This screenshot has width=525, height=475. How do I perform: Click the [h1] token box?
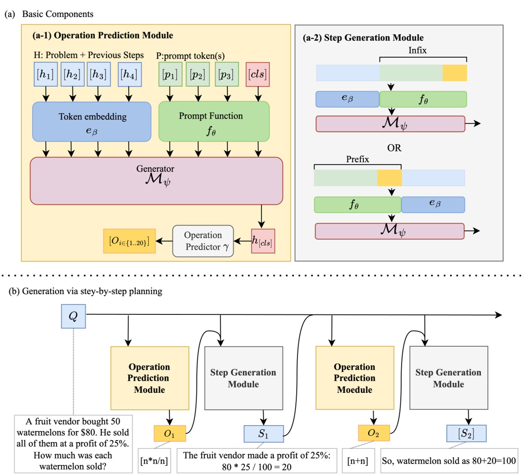[x=46, y=75]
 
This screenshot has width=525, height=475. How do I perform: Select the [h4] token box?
[x=129, y=75]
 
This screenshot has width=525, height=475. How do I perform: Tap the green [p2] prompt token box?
[x=197, y=75]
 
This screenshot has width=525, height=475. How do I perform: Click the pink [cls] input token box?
[x=258, y=75]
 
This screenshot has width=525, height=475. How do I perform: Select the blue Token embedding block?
[x=92, y=122]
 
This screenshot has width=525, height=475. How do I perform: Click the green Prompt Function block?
[x=214, y=122]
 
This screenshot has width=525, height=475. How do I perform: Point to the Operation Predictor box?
[x=203, y=241]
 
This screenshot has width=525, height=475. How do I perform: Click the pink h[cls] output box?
[x=262, y=241]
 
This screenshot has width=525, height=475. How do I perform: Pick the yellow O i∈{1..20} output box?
[x=129, y=241]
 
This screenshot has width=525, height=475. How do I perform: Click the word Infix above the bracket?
[x=417, y=50]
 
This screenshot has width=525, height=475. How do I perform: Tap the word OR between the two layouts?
[x=394, y=148]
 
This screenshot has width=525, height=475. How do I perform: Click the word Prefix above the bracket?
[x=357, y=159]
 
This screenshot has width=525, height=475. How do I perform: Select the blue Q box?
[x=73, y=317]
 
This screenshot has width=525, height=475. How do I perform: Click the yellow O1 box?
[x=170, y=434]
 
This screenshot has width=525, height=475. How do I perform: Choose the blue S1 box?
[x=263, y=434]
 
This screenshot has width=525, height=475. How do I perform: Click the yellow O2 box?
[x=374, y=433]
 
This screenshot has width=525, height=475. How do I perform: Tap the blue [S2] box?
[x=466, y=434]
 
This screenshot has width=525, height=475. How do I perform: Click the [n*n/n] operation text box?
[x=154, y=460]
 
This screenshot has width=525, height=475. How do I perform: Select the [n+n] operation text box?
[x=358, y=460]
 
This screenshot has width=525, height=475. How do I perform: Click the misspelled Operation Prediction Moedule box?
[x=355, y=378]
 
